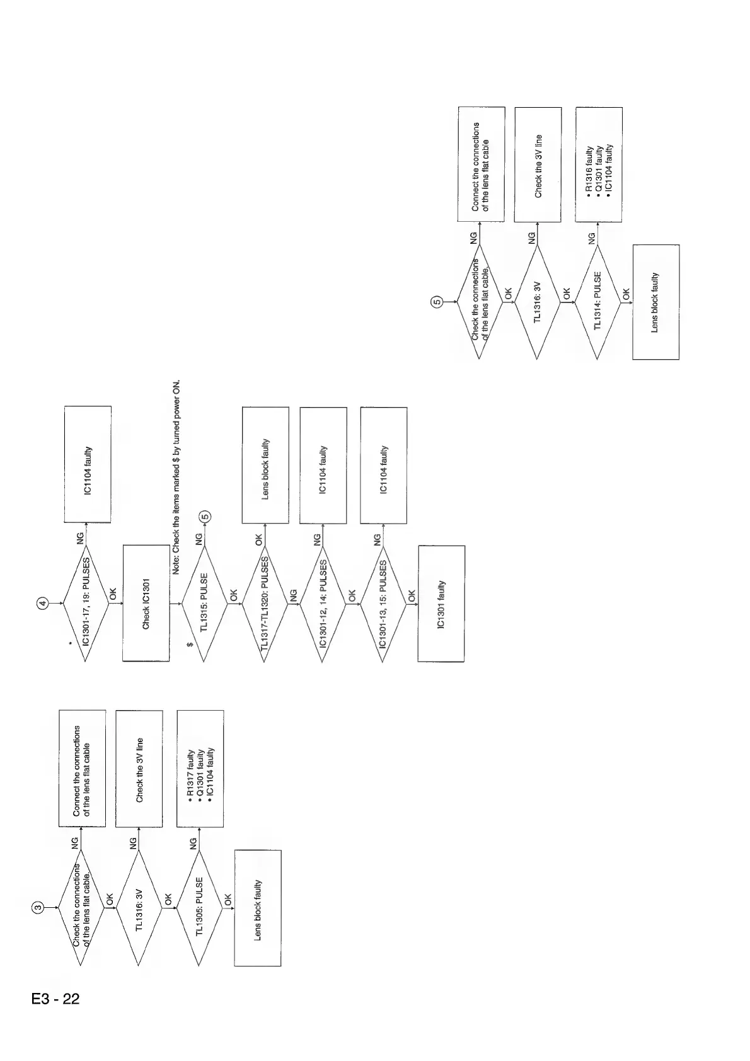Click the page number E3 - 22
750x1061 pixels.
coord(55,999)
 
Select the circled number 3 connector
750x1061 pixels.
coord(37,907)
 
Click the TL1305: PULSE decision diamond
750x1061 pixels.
coord(200,907)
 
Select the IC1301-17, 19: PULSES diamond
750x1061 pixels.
coord(86,603)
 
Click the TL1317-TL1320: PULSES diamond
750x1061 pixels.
coord(265,603)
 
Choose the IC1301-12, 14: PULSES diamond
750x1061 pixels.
coord(323,603)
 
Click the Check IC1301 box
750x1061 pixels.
coord(146,603)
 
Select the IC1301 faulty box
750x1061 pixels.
coord(441,603)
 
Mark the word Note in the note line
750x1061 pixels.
coord(177,563)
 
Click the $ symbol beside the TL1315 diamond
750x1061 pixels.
coord(189,645)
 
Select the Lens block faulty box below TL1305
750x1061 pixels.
coord(257,907)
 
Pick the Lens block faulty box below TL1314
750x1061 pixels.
coord(655,301)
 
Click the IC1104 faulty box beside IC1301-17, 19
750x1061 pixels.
coord(88,464)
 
